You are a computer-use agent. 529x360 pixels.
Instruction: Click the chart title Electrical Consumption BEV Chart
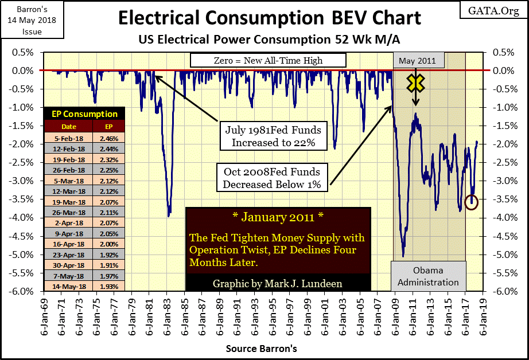click(x=270, y=18)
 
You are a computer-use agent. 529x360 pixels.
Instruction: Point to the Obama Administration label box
click(x=429, y=276)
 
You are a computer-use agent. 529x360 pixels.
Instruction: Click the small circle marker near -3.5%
click(x=472, y=202)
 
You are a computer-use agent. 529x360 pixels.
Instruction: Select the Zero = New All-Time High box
click(x=268, y=60)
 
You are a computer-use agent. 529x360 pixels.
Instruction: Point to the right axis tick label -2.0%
click(x=501, y=144)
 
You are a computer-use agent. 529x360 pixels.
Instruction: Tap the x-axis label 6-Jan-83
click(x=167, y=314)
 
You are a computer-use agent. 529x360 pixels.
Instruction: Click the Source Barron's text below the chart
click(x=261, y=348)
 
